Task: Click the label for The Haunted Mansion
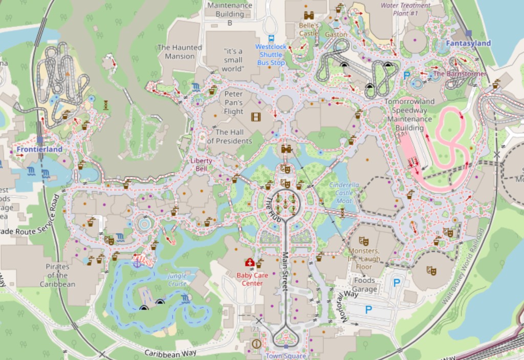tap(180, 52)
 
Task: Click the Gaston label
tap(336, 35)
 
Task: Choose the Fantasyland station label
tap(468, 44)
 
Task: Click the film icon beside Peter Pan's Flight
tap(256, 117)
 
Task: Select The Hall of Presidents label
tap(230, 137)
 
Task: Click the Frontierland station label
tap(39, 150)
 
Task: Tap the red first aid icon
tap(250, 263)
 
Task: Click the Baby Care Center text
tap(252, 279)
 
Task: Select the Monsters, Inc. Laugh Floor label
tap(364, 259)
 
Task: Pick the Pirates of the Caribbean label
tap(57, 275)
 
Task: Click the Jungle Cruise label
tap(177, 280)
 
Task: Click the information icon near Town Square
tap(256, 344)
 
